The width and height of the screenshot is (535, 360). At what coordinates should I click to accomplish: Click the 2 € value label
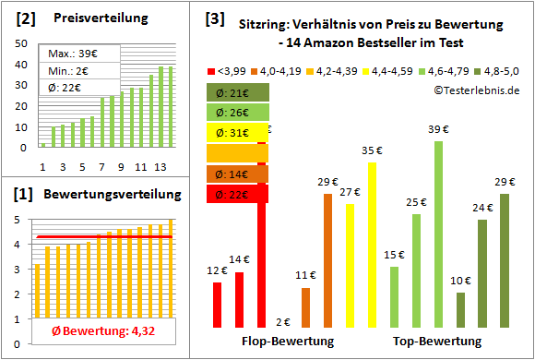(x=283, y=322)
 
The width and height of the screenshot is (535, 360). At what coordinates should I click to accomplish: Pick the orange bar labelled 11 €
(x=305, y=307)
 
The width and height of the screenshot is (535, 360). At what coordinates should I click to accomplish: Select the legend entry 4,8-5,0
(x=497, y=70)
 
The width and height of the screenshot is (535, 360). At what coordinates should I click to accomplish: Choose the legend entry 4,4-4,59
(x=391, y=70)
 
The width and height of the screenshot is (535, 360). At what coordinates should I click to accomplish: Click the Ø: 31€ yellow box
(x=237, y=133)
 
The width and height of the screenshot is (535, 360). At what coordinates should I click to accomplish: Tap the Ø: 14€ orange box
(x=237, y=174)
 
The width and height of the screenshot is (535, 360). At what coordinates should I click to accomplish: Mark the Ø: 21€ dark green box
(x=237, y=92)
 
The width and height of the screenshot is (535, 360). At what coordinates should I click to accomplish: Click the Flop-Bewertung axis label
(x=287, y=342)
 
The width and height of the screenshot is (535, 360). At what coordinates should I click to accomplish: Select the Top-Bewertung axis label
(x=437, y=342)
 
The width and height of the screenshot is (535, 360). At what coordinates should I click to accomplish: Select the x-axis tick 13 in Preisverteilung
(x=160, y=167)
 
